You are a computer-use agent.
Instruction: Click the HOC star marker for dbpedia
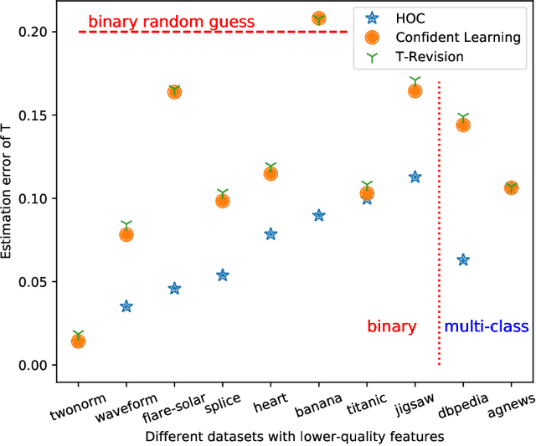[x=463, y=260]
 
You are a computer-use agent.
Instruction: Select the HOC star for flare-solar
[x=174, y=289]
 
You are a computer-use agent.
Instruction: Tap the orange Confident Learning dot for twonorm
[x=78, y=341]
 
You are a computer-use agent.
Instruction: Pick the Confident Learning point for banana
[x=319, y=18]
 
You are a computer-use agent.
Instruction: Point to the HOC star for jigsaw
[x=415, y=177]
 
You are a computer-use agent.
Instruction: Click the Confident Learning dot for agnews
[x=511, y=188]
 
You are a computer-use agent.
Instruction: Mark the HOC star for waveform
[x=126, y=306]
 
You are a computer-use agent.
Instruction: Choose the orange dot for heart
[x=271, y=173]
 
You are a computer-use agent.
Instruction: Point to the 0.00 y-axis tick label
[x=31, y=365]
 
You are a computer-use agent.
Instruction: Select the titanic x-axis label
[x=366, y=394]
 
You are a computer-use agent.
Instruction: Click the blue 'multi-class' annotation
[x=486, y=326]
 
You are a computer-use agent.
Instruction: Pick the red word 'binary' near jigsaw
[x=392, y=326]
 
